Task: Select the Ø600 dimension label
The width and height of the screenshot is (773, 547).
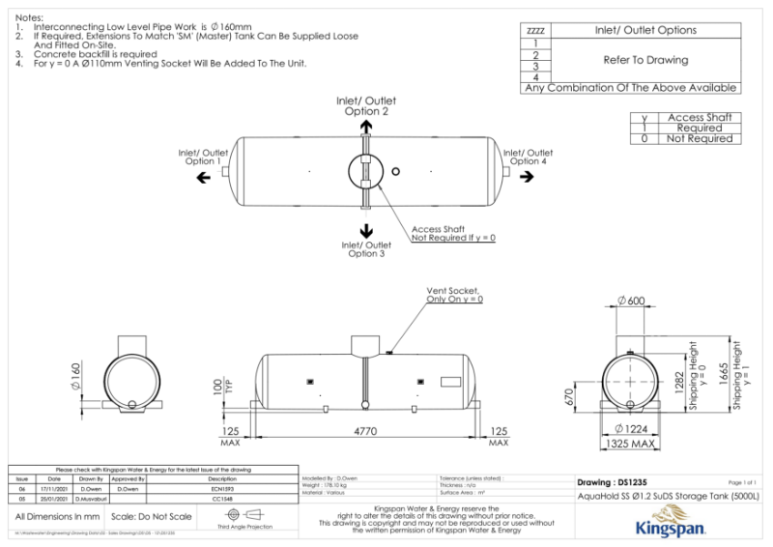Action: point(630,301)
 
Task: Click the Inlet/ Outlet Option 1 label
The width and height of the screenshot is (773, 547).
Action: point(203,157)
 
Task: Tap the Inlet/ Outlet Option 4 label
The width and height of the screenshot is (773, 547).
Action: point(528,157)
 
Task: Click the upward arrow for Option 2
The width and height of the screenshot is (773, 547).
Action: point(366,126)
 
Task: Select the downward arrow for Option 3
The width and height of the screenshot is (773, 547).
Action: point(366,229)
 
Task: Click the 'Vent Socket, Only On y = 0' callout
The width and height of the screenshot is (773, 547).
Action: point(454,295)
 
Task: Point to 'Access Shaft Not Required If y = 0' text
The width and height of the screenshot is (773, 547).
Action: point(453,233)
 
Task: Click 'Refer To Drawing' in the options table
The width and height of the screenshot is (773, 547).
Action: point(645,60)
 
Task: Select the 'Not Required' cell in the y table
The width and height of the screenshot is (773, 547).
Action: point(699,139)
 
